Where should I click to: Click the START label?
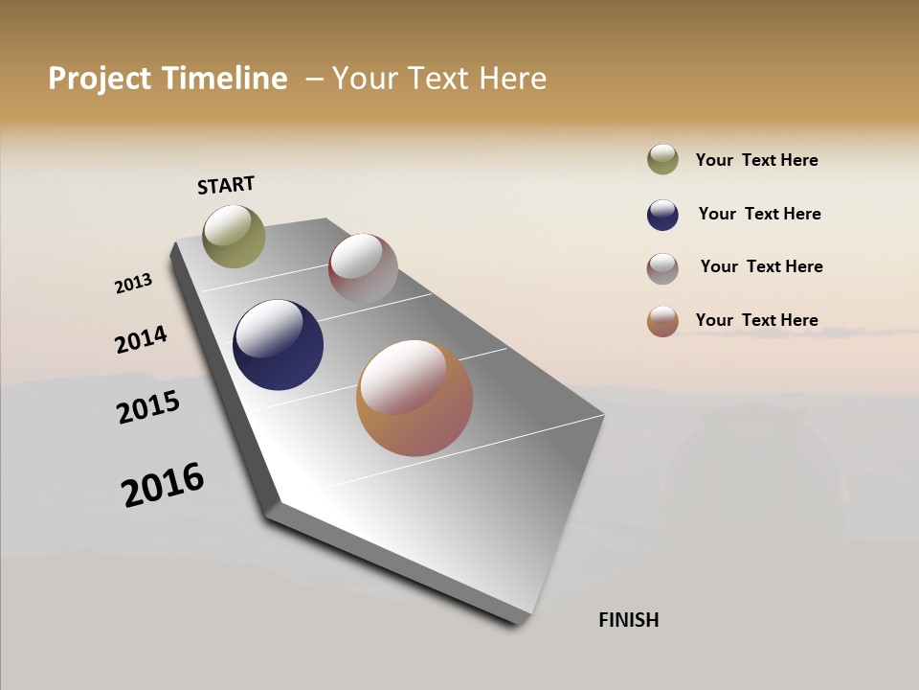point(226,185)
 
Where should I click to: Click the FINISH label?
point(629,620)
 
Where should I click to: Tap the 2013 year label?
point(133,284)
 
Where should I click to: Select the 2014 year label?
point(141,340)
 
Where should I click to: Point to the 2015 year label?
point(148,407)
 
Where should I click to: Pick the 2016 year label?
point(163,484)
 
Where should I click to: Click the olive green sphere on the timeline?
point(234,236)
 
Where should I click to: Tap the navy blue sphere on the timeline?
point(278,345)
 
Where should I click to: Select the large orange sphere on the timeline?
point(415,398)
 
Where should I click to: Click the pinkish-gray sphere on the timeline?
point(363,269)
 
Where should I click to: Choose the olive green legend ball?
point(662,160)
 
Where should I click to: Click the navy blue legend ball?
point(662,215)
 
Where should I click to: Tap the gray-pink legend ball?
point(662,268)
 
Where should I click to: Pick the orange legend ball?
point(662,321)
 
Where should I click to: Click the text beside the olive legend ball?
point(756,161)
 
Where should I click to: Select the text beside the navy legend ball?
point(759,214)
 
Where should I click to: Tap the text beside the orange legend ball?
point(756,320)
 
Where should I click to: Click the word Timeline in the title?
point(224,79)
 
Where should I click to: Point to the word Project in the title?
point(100,79)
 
